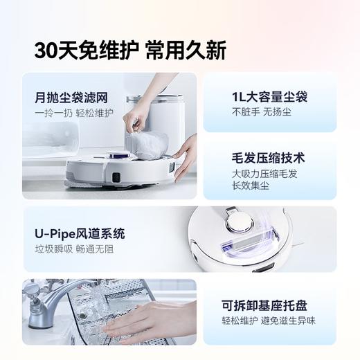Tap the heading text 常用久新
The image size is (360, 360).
point(186,50)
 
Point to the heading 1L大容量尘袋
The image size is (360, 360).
point(267,97)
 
